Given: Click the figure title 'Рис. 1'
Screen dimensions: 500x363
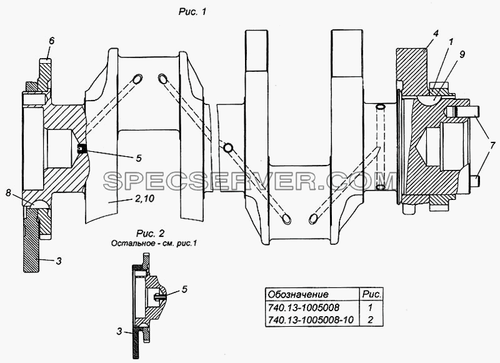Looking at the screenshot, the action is coord(192,12).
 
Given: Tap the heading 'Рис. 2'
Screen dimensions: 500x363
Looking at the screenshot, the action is coord(150,234).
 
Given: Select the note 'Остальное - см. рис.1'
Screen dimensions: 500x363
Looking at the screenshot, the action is coord(154,244).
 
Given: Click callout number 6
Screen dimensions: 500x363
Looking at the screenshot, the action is coord(52,41).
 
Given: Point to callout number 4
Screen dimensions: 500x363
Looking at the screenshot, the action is coord(436,33).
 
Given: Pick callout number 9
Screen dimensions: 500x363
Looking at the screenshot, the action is coord(462,54).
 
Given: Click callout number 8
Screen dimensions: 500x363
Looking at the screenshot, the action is coord(9,193).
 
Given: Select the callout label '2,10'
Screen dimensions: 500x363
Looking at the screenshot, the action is coord(145,199).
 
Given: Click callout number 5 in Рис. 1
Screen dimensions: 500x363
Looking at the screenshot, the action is coord(138,158).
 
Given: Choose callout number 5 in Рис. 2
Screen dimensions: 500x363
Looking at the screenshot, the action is coord(184,289).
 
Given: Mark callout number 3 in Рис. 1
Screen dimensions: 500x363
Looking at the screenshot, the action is coord(59,261).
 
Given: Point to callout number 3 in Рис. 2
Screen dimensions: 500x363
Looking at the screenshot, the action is coord(119,332).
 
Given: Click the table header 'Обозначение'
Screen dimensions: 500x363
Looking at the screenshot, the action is coord(298,294).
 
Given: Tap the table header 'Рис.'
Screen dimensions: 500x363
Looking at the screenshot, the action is coord(371,294).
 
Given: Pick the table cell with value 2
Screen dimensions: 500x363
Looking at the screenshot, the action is coord(370,319).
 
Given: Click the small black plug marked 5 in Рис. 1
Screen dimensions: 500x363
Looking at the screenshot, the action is coord(82,149).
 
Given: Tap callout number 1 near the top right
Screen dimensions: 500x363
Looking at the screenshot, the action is coord(451,42).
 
